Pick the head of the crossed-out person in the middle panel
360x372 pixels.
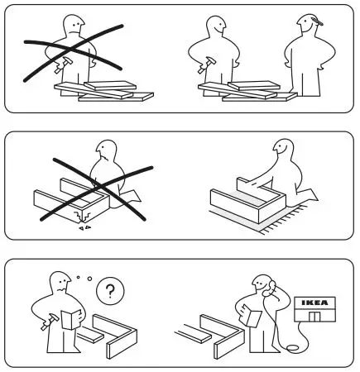point(105,151)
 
